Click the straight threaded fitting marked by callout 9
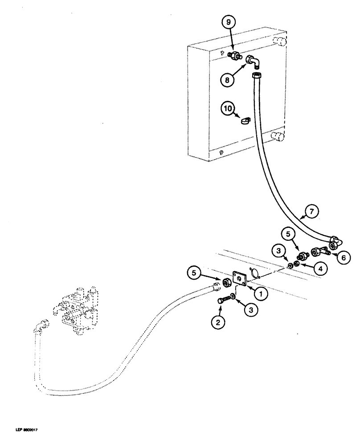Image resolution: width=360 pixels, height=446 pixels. click(x=234, y=57)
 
